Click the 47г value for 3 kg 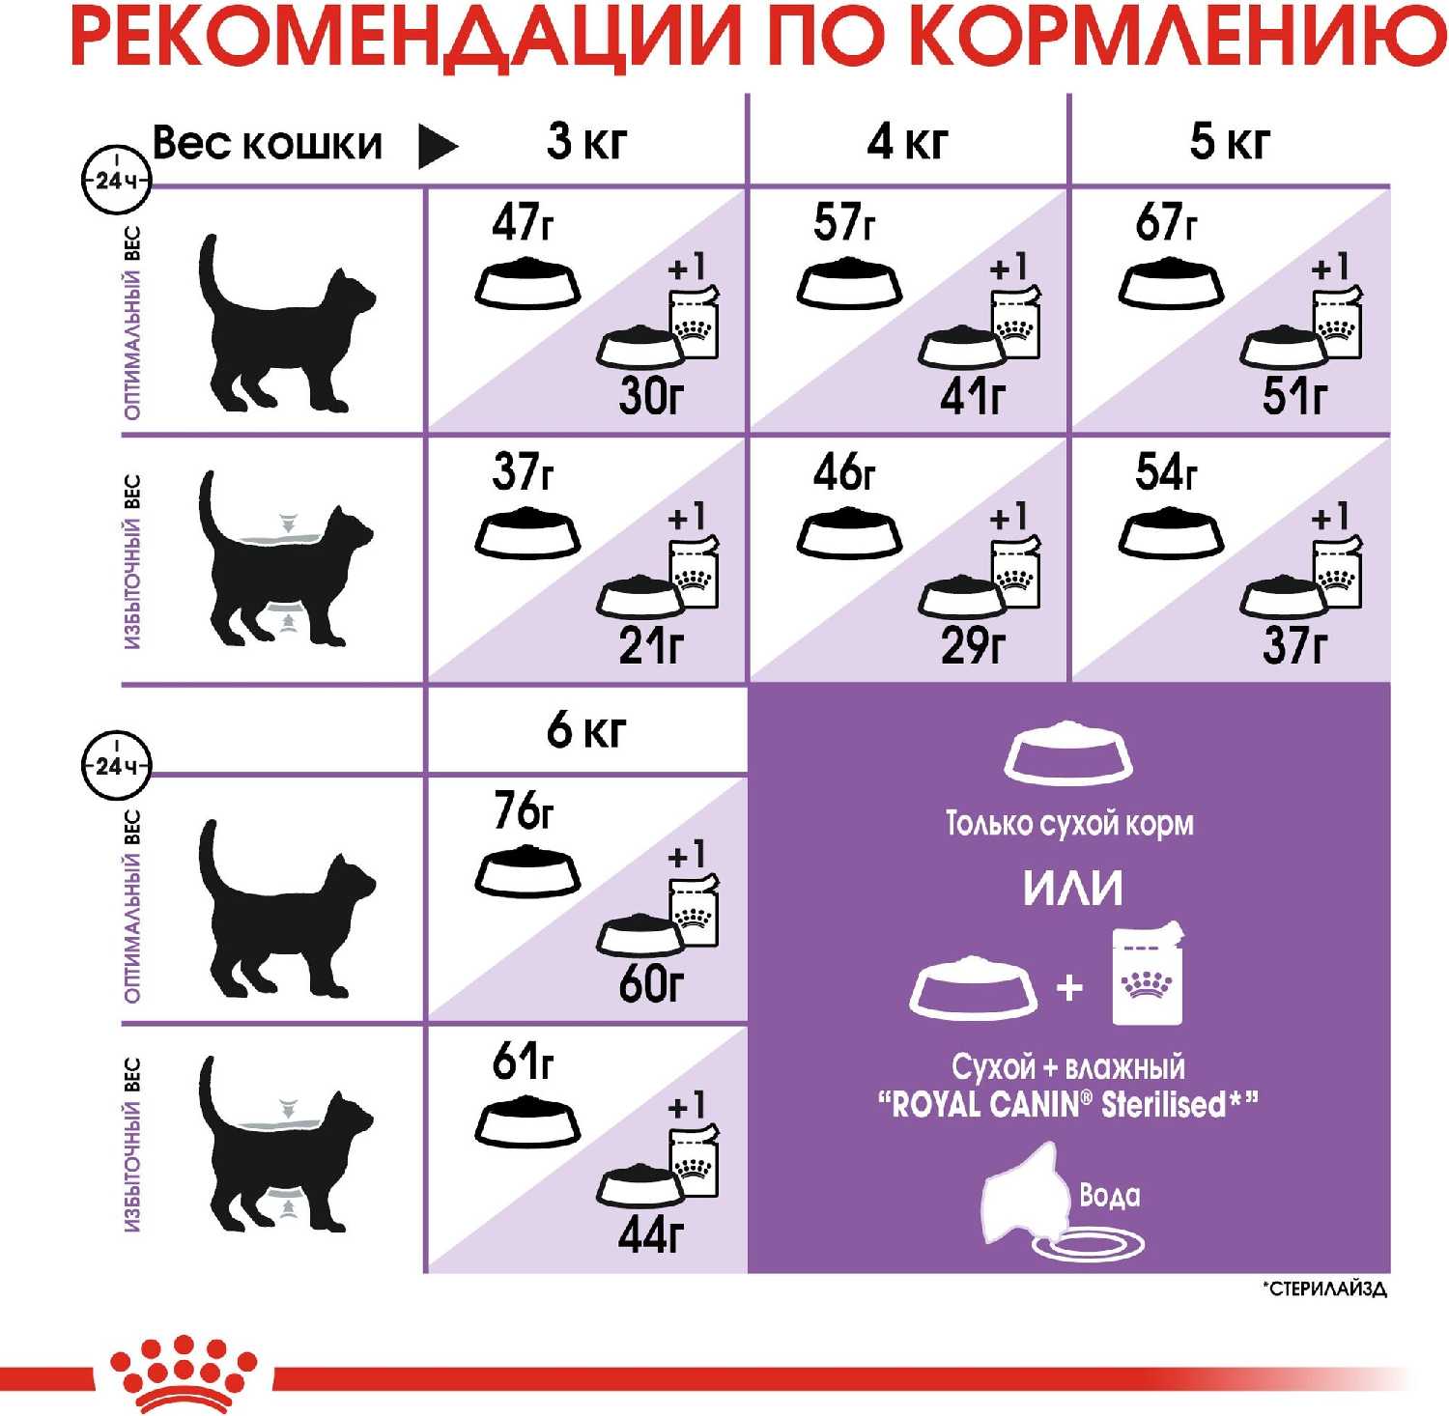pyautogui.click(x=523, y=222)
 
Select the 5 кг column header pyautogui.click(x=1229, y=141)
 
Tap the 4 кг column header pyautogui.click(x=907, y=141)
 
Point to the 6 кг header pyautogui.click(x=586, y=729)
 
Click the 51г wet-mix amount pyautogui.click(x=1295, y=395)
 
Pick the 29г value pyautogui.click(x=974, y=645)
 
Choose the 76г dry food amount pyautogui.click(x=524, y=810)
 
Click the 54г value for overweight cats pyautogui.click(x=1166, y=471)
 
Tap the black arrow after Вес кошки pyautogui.click(x=437, y=146)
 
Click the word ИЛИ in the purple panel pyautogui.click(x=1072, y=888)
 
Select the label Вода pyautogui.click(x=1109, y=1195)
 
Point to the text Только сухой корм pyautogui.click(x=1069, y=823)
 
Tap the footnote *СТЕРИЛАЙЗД pyautogui.click(x=1324, y=1289)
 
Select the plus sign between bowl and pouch pyautogui.click(x=1069, y=987)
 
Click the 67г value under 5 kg pyautogui.click(x=1166, y=222)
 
